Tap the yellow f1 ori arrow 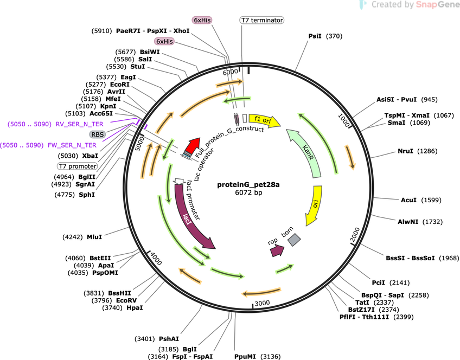pyautogui.click(x=264, y=120)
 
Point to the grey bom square pyautogui.click(x=294, y=240)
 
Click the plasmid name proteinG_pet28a pyautogui.click(x=248, y=185)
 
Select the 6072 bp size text pyautogui.click(x=248, y=192)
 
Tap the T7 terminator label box pyautogui.click(x=261, y=20)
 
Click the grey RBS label pyautogui.click(x=98, y=134)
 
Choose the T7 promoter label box pyautogui.click(x=78, y=166)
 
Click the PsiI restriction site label pyautogui.click(x=315, y=36)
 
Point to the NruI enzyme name pyautogui.click(x=405, y=151)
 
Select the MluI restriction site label pyautogui.click(x=94, y=237)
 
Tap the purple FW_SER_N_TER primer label pyautogui.click(x=72, y=145)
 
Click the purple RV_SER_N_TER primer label pyautogui.click(x=80, y=124)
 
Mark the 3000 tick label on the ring pyautogui.click(x=262, y=303)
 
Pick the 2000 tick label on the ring pyautogui.click(x=355, y=235)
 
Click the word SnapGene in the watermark pyautogui.click(x=437, y=5)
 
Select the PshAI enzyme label pyautogui.click(x=169, y=339)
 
